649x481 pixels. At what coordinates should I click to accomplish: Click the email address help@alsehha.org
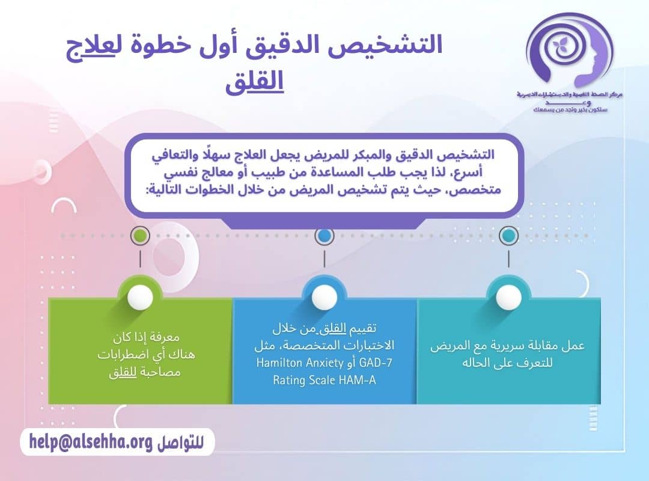coord(90,443)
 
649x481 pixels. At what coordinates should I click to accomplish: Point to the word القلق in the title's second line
coord(254,83)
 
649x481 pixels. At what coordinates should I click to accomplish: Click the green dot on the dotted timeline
coord(139,236)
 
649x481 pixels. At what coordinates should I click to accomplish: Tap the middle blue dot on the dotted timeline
coord(324,236)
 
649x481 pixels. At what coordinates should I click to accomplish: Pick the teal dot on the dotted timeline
coord(508,236)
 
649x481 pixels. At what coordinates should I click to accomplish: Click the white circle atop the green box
coord(140,297)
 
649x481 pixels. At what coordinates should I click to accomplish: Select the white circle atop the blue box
coord(324,297)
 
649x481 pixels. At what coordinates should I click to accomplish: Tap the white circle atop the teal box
coord(508,297)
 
